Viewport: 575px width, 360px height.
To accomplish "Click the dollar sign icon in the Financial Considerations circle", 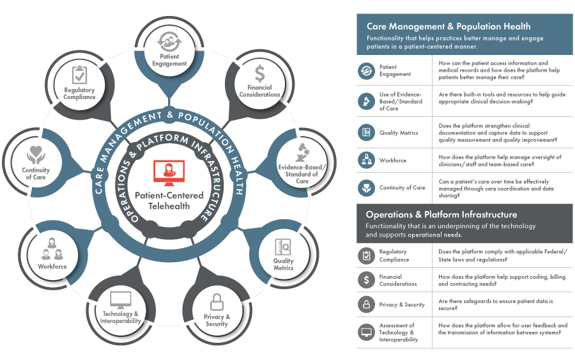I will pos(259,72).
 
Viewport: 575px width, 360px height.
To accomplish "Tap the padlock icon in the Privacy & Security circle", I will pos(217,301).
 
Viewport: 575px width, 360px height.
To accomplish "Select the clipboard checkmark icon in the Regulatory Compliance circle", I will pos(80,75).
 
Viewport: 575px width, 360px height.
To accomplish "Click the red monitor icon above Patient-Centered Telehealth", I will pos(169,171).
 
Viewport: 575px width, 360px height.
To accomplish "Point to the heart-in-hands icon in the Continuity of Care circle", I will pos(36,155).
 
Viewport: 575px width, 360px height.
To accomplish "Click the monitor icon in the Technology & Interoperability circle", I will pos(120,299).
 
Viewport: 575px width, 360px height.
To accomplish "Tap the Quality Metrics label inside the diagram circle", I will pos(283,264).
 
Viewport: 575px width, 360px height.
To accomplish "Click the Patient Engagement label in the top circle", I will pos(169,61).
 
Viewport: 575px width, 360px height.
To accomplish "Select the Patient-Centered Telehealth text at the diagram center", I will pos(169,199).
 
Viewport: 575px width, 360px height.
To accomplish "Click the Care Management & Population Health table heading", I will pos(448,27).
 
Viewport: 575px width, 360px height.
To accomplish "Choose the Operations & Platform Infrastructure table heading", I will pos(441,214).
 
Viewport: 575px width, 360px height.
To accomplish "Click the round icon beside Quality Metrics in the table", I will pos(367,132).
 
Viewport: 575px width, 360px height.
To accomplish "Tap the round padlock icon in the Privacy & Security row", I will pos(367,304).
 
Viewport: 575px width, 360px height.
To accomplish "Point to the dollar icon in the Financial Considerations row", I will pos(367,279).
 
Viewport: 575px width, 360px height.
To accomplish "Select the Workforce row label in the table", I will pos(393,160).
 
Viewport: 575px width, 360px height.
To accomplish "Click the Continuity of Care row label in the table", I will pos(402,187).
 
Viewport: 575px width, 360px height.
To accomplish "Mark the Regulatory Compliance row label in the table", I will pos(394,256).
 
